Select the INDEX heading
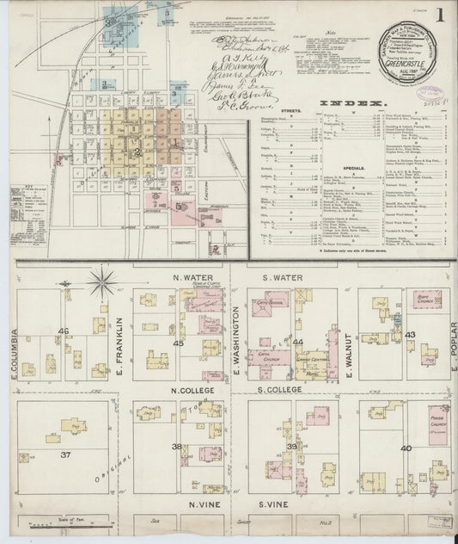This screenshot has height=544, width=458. (x=353, y=103)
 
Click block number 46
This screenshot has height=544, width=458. (x=63, y=330)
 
